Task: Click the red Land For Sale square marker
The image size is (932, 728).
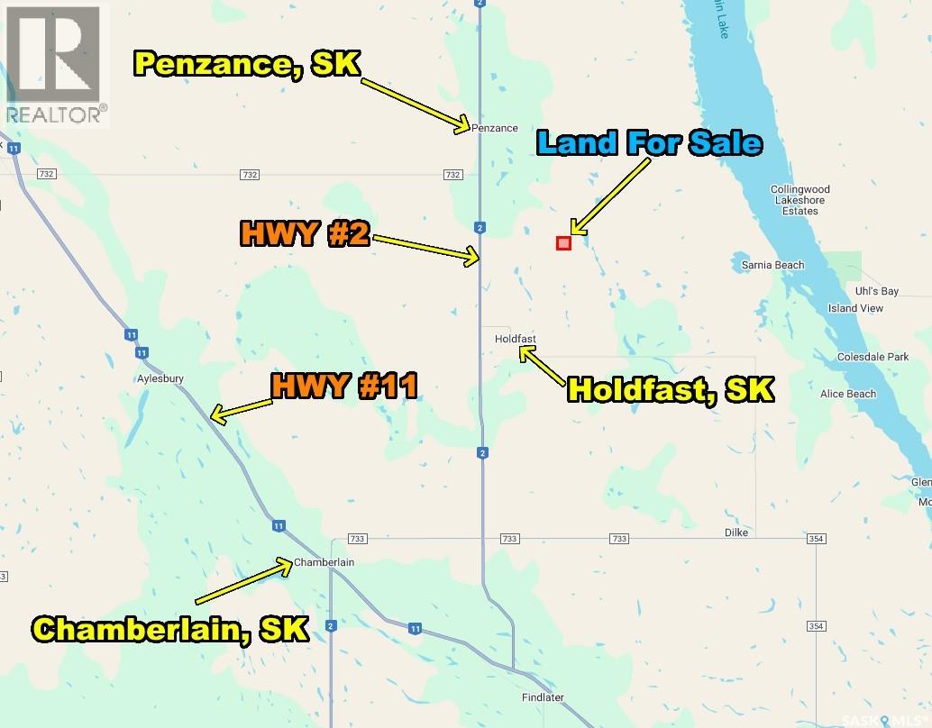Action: click(x=563, y=242)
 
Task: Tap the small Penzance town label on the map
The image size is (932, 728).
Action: click(x=495, y=128)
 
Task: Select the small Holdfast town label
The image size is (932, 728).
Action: click(x=516, y=339)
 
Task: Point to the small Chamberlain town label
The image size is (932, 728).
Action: click(x=324, y=562)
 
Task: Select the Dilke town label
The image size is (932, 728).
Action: click(x=736, y=532)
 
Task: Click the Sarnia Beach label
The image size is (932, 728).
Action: click(x=772, y=265)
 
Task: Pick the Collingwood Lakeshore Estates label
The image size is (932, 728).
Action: click(x=800, y=200)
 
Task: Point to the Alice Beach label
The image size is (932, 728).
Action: click(x=847, y=394)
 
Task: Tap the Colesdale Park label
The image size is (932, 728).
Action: click(x=873, y=357)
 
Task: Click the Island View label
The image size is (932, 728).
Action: click(x=855, y=308)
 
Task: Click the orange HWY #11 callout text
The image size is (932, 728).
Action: click(x=344, y=387)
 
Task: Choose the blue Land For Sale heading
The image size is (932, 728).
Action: click(x=649, y=142)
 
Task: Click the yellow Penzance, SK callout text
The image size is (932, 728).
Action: click(x=247, y=64)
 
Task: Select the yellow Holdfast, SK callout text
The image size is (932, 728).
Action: click(x=671, y=389)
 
